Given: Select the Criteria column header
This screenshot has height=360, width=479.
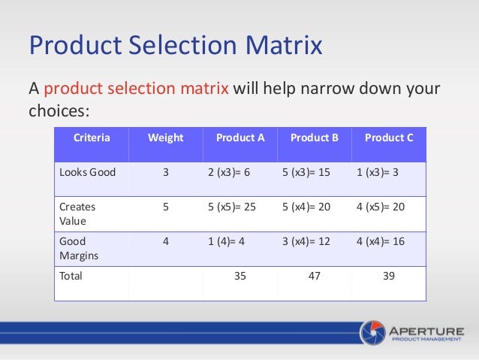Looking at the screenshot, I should coord(92,138).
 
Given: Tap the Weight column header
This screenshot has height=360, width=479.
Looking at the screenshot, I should coord(165,138).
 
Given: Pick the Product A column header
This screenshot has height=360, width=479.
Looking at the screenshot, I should coord(240,138).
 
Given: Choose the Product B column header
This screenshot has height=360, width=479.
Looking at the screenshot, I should coord(315,138).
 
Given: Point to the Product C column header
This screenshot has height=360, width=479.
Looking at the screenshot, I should coord(389,138).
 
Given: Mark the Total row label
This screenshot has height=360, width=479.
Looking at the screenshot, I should coord(71,276).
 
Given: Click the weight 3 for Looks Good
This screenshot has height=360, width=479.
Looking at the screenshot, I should coord(165,172).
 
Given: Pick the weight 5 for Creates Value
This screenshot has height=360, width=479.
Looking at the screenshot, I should coord(165,205).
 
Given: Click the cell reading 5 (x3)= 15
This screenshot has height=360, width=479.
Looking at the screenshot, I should coord(306,172).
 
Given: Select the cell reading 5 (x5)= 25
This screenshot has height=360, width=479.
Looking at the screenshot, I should coord(231,205).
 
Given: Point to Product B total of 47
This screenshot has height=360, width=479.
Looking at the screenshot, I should coord(315,276).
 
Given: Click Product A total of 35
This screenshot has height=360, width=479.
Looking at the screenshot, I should coord(240,276).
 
